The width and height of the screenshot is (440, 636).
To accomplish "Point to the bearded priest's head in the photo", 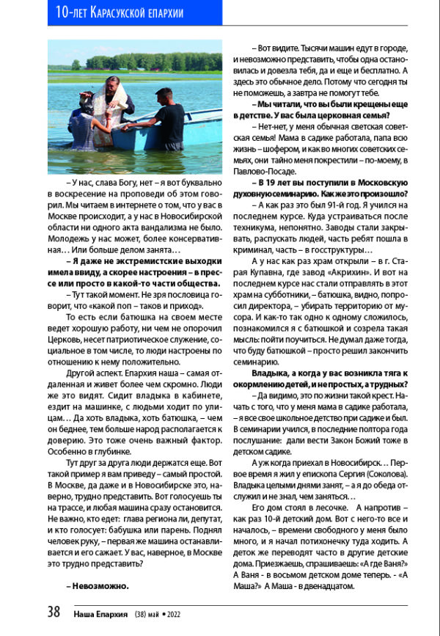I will click(111, 83).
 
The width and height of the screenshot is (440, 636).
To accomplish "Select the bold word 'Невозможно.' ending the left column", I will click(98, 586).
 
